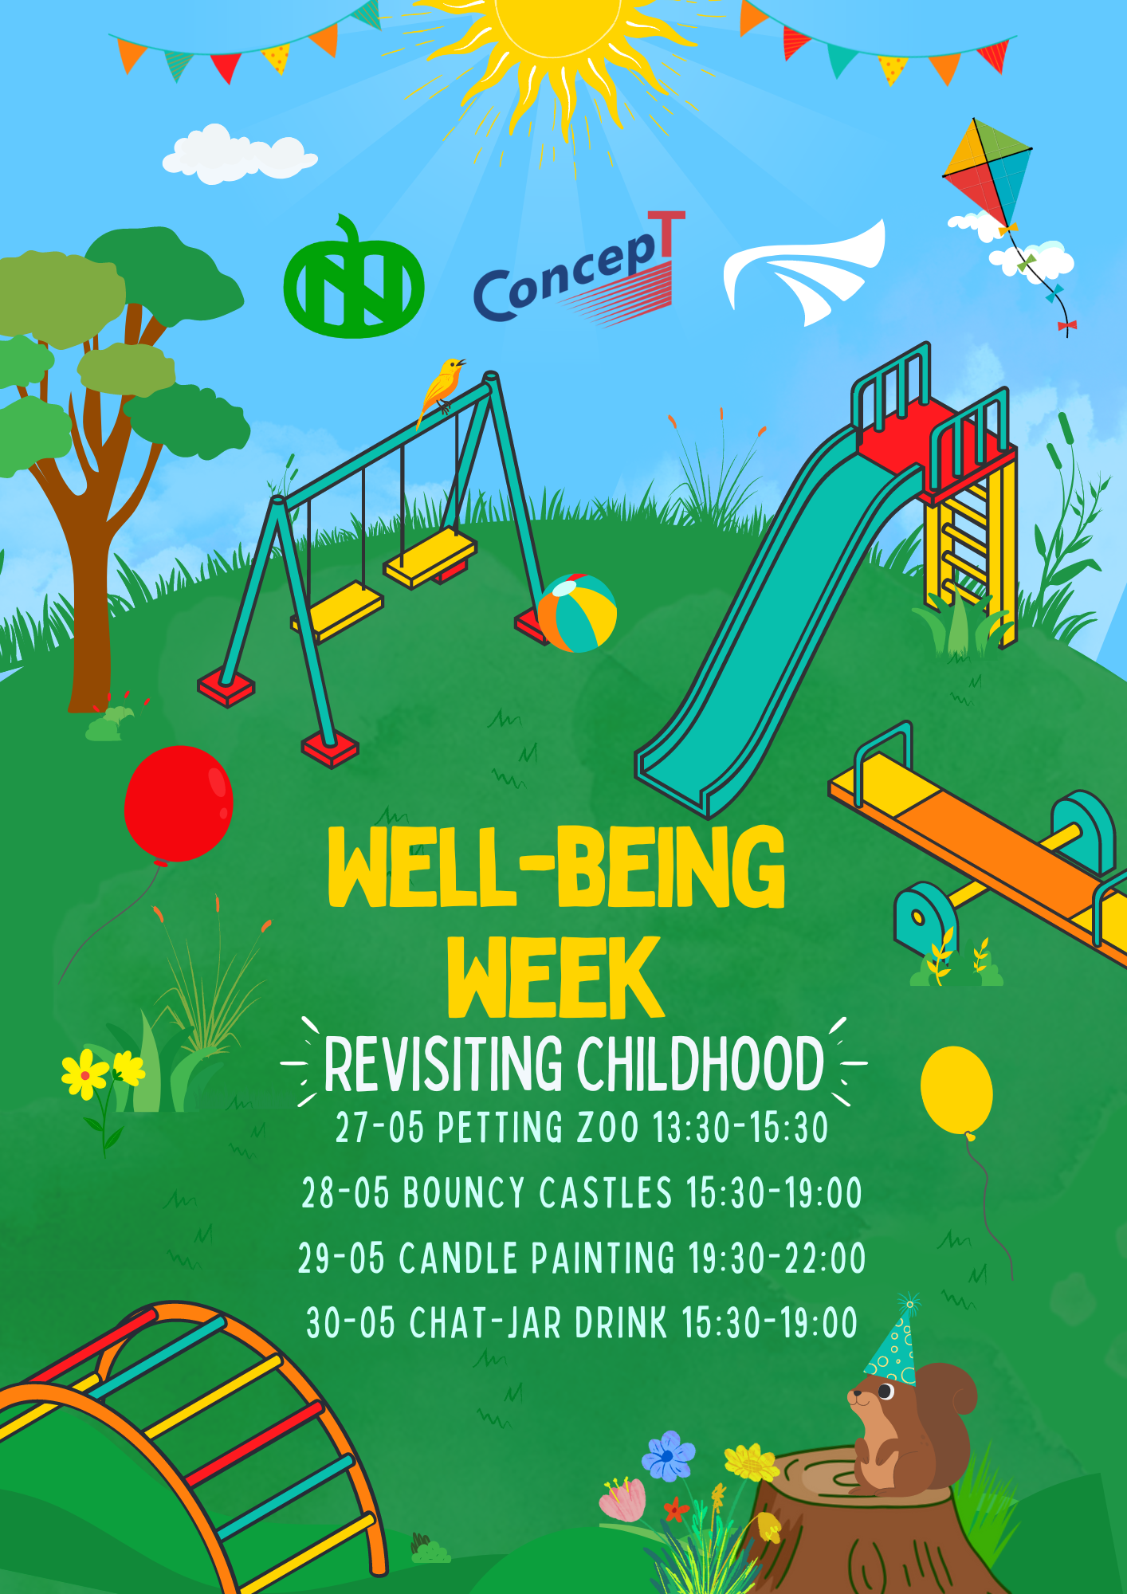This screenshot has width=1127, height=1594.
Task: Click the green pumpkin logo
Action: point(353,278)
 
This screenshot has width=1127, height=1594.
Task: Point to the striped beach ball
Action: point(577,613)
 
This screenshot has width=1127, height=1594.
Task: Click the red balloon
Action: point(179,805)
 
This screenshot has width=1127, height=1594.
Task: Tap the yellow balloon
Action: point(956,1091)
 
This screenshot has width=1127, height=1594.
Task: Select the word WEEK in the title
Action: point(556,978)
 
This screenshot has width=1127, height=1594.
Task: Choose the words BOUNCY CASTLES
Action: point(538,1193)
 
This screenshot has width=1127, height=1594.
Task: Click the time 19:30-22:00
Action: point(777,1258)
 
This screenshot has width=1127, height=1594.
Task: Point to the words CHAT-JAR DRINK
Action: point(538,1323)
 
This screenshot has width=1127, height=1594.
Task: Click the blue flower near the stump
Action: point(668,1455)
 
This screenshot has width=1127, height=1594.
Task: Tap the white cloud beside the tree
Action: point(239,154)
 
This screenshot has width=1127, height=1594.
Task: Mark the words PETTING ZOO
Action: point(539,1128)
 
